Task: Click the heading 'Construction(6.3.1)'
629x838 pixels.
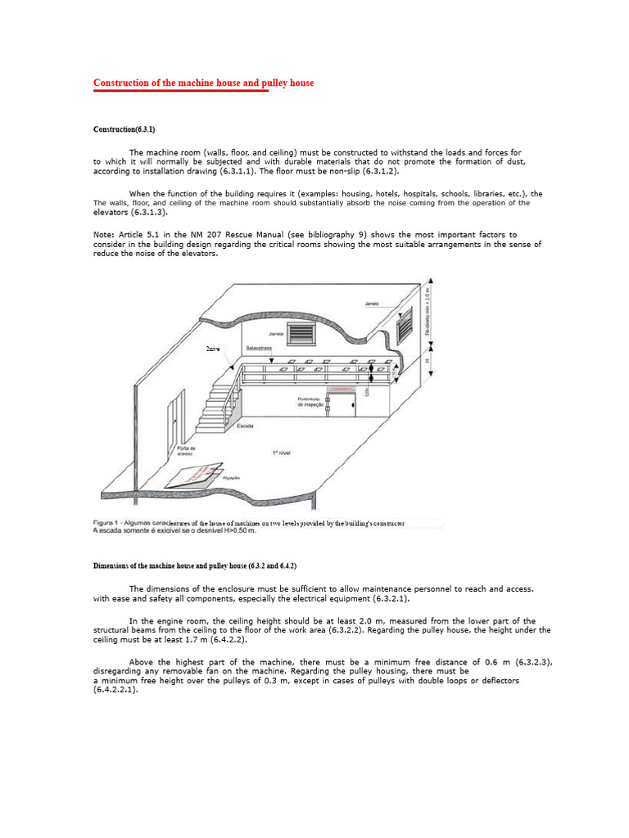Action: [124, 130]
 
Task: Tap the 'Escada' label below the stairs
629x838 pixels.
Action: [245, 426]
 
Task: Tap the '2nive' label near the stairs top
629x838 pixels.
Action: [213, 349]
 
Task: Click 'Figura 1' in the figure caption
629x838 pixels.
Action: [107, 522]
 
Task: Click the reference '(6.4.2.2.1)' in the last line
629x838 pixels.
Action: [115, 690]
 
